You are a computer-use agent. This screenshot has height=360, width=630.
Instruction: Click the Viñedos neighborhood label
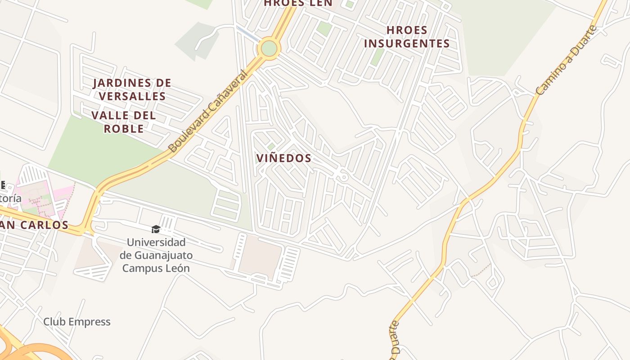tap(283, 158)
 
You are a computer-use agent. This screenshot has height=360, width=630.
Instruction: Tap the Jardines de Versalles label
tap(132, 90)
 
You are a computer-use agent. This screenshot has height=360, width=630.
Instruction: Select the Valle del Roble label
tap(124, 122)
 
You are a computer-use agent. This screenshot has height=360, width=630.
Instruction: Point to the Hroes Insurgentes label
tap(407, 37)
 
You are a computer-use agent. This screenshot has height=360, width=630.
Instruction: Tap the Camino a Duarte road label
tap(567, 60)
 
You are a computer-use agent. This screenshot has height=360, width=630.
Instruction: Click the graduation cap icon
tap(156, 229)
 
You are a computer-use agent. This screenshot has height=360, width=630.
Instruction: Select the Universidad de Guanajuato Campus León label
tap(156, 255)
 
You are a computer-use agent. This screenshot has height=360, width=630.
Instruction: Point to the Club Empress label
tap(77, 322)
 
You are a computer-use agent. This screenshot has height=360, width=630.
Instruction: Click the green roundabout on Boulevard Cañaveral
tap(269, 48)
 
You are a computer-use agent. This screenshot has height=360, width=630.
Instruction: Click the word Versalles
tap(132, 96)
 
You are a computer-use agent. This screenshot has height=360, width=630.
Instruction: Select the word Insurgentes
tap(407, 44)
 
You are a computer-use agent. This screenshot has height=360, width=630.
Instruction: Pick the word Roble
tap(124, 129)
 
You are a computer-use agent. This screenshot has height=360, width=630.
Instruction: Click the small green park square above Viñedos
tap(271, 146)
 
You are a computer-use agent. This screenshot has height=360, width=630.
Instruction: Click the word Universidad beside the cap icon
tap(156, 243)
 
